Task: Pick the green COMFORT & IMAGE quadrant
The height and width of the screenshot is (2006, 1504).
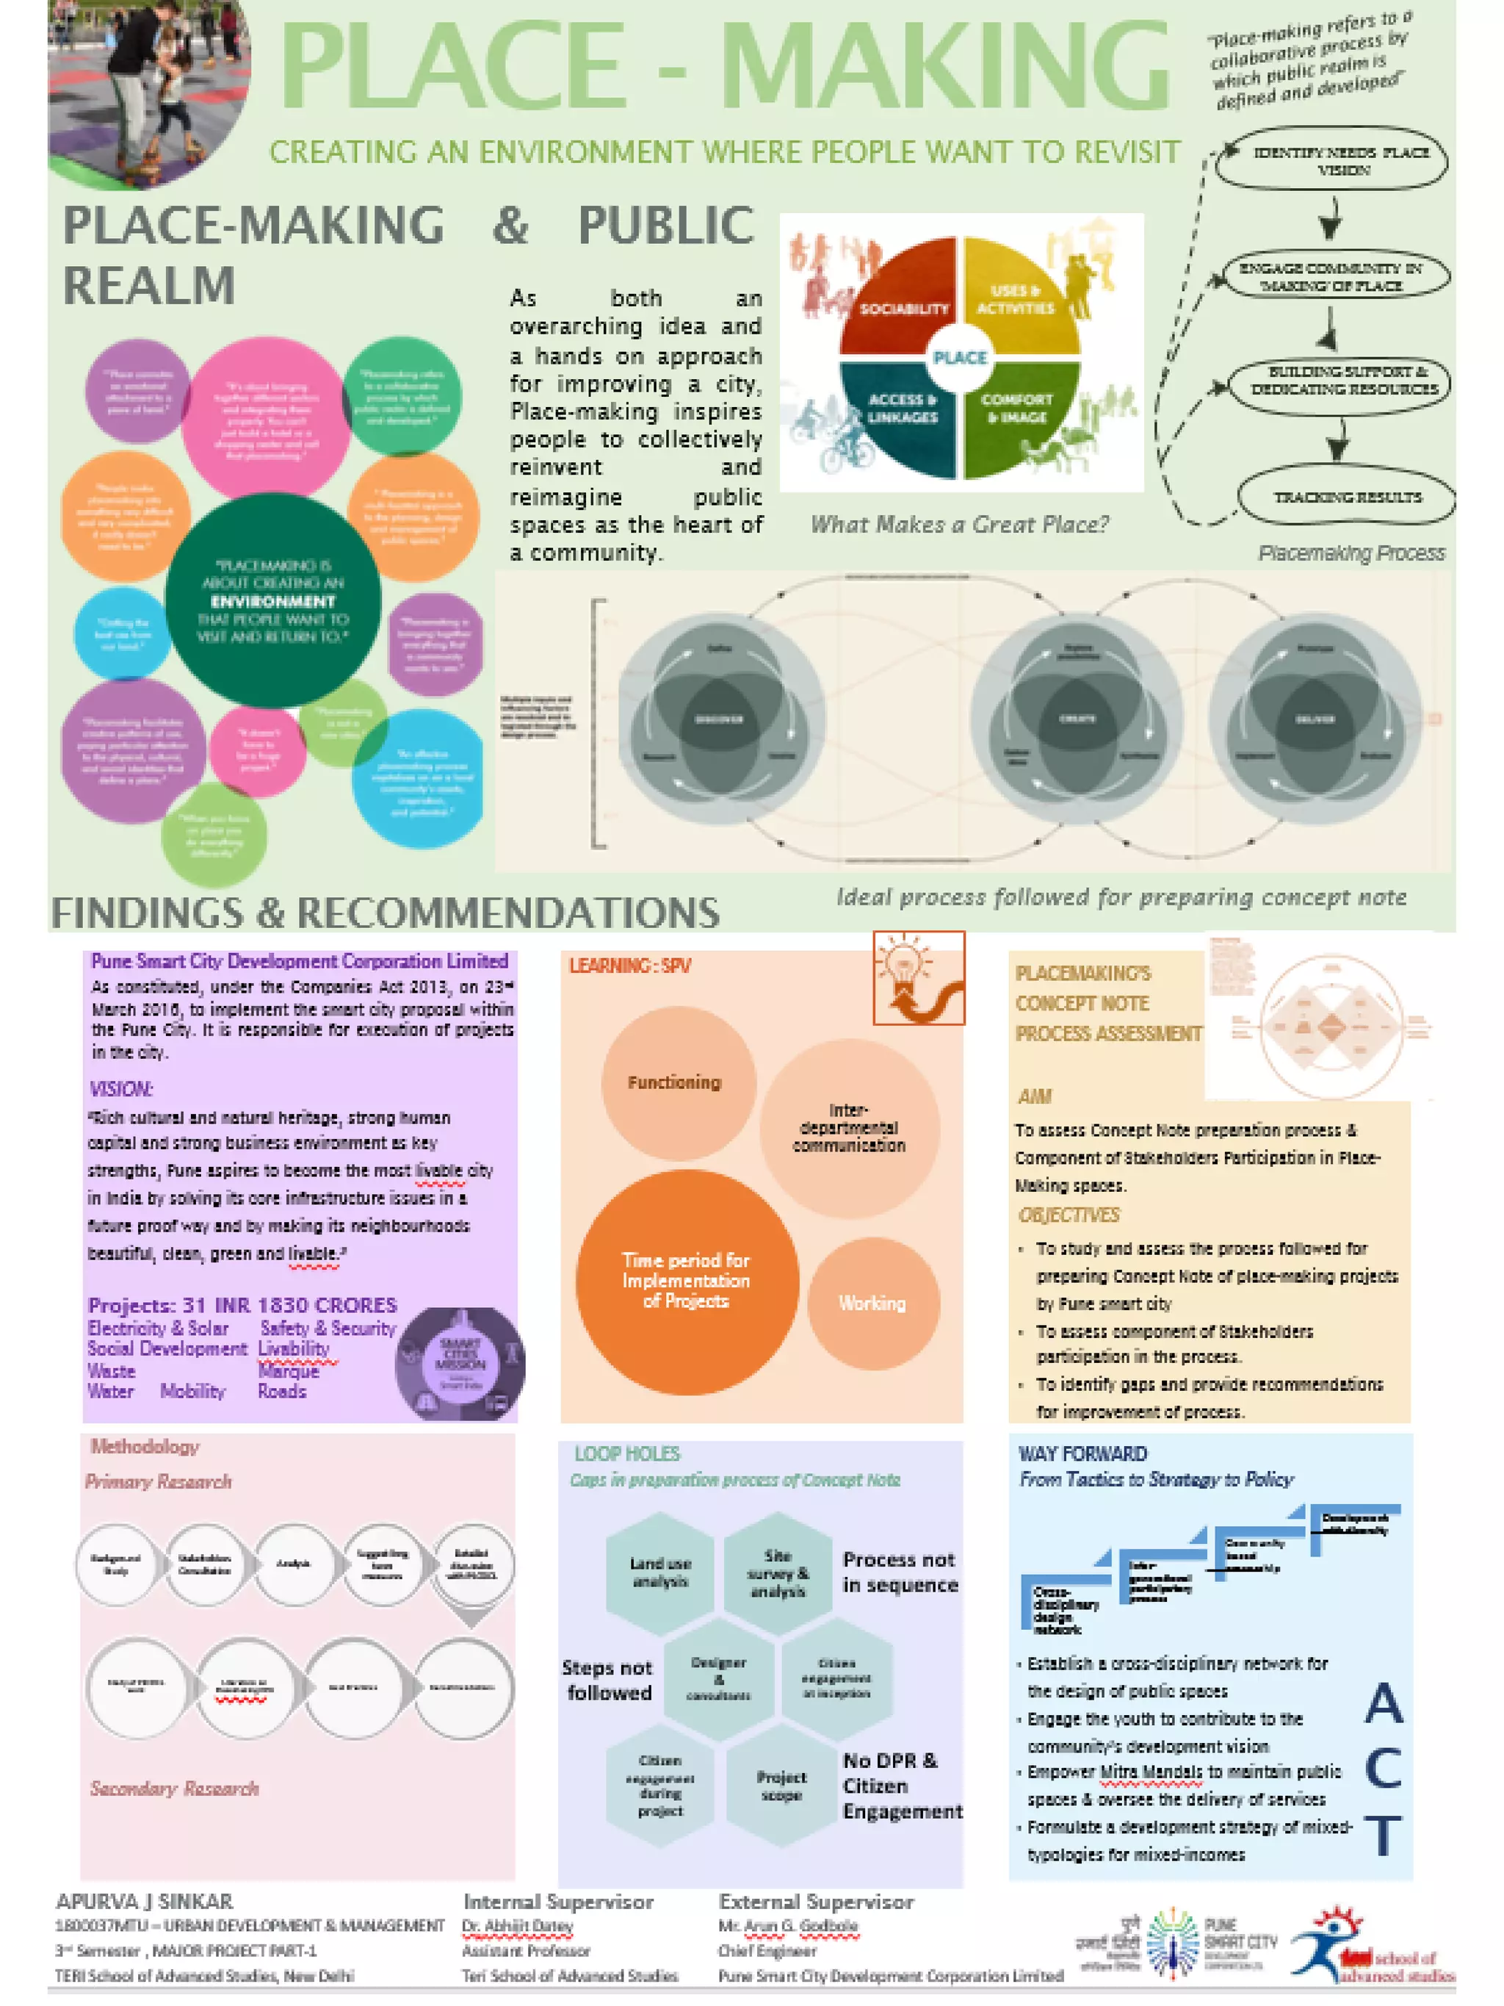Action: click(1019, 413)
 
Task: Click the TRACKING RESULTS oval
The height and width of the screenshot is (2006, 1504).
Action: click(1345, 497)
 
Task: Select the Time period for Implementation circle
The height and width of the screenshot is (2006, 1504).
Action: click(687, 1279)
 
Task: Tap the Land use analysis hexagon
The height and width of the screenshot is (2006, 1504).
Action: click(660, 1572)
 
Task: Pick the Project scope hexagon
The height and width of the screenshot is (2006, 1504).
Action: click(781, 1785)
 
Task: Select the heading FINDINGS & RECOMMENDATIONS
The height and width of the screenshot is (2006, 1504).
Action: click(386, 913)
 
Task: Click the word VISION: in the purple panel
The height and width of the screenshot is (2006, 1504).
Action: click(120, 1088)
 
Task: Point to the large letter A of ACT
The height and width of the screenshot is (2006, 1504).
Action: click(1384, 1703)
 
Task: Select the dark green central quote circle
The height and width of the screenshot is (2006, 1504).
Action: click(272, 600)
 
